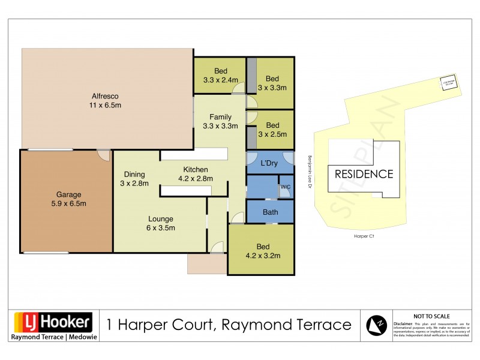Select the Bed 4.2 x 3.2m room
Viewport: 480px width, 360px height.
(264, 251)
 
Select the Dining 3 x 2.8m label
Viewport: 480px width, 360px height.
(134, 179)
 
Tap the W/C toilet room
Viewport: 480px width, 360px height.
(285, 188)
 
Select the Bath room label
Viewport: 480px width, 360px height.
(270, 212)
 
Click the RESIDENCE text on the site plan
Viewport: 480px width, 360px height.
(364, 175)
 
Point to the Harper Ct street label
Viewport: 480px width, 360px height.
(364, 236)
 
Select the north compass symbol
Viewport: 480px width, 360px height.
(377, 325)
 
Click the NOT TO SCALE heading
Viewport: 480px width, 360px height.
(431, 316)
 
